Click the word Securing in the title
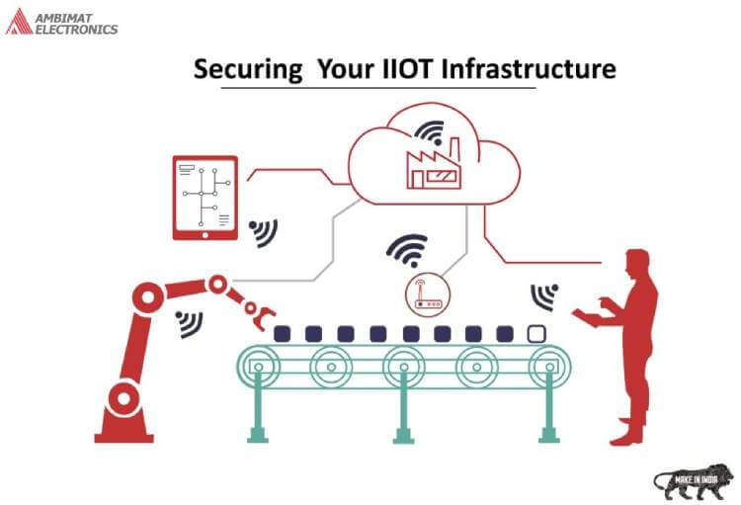coord(248,69)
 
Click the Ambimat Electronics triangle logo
coord(19,22)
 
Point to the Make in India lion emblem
coord(694,482)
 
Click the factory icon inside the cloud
coord(434,164)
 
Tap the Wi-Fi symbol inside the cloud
coord(431,132)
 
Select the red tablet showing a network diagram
coord(206,198)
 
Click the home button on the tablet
coord(206,235)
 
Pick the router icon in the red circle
coord(428,295)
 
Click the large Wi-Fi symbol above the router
coord(407,250)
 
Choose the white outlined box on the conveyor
coord(536,334)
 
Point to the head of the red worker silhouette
coord(637,264)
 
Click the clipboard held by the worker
coord(588,317)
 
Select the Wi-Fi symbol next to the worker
coord(544,296)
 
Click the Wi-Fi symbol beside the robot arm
coord(189,324)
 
